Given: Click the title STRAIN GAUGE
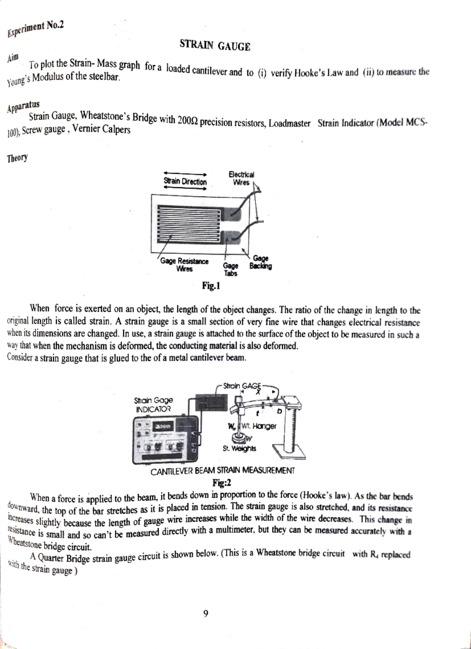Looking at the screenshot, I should [x=215, y=46].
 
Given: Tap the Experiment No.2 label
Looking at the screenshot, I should [x=36, y=28].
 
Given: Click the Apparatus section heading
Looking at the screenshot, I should [x=23, y=106].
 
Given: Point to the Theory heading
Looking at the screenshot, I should [x=17, y=158].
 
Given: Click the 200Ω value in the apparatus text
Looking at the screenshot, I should [x=188, y=120].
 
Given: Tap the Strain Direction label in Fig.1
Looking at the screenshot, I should [x=185, y=182].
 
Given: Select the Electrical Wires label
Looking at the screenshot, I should [x=241, y=178].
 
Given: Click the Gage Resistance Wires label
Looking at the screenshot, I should [x=184, y=265].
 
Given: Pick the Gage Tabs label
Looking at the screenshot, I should [x=230, y=270].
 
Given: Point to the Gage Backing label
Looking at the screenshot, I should [x=261, y=262].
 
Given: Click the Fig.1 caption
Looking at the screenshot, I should [x=211, y=286].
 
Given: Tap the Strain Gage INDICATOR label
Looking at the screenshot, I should [x=153, y=404].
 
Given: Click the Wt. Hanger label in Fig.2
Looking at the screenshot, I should [x=259, y=426].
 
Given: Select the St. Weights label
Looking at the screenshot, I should [x=239, y=448].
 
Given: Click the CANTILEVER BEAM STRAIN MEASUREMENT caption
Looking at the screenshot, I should [x=223, y=471].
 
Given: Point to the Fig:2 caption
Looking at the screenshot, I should [x=222, y=482].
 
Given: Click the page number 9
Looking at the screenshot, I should [x=206, y=614].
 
